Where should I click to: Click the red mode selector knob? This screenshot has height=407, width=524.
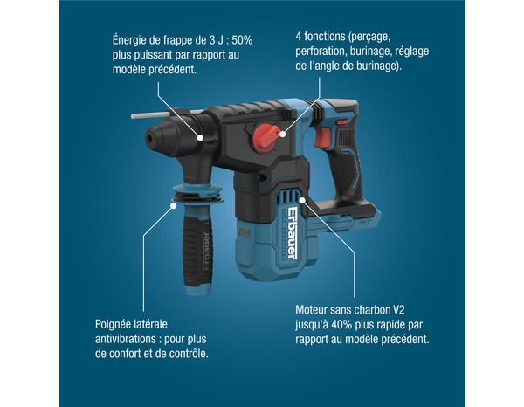[265, 136]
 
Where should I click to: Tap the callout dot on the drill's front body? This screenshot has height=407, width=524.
[201, 137]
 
